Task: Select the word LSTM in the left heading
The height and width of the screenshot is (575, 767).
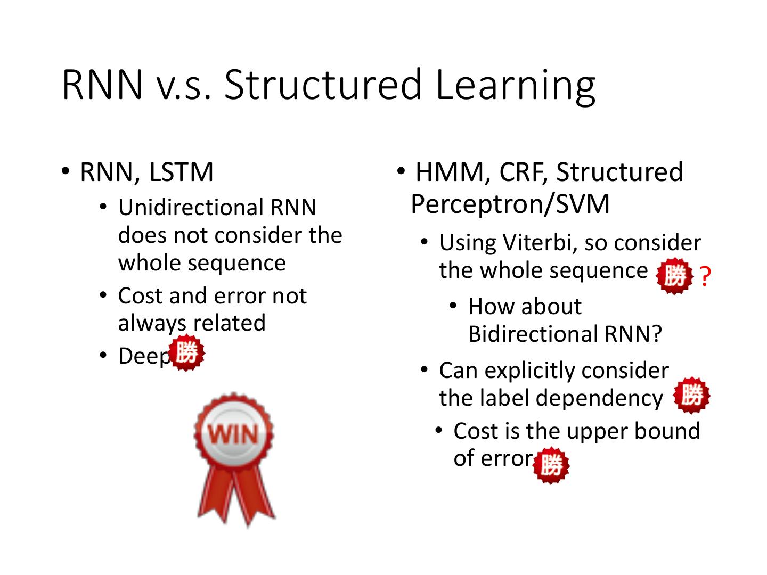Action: pyautogui.click(x=181, y=172)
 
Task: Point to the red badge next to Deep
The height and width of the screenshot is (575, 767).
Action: pyautogui.click(x=186, y=352)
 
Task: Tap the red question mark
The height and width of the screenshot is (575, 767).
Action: pyautogui.click(x=705, y=277)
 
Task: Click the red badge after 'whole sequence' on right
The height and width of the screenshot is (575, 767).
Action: pyautogui.click(x=674, y=276)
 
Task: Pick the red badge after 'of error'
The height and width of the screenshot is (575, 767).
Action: pyautogui.click(x=551, y=465)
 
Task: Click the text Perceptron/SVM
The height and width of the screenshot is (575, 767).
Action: pyautogui.click(x=510, y=204)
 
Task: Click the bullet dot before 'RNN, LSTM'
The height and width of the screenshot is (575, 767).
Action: pyautogui.click(x=64, y=171)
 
